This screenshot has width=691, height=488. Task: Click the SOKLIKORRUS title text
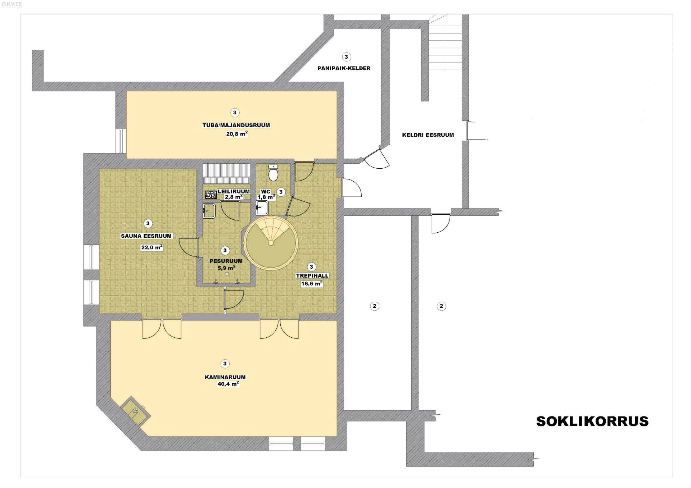click(x=592, y=421)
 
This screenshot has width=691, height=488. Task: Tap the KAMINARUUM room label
click(x=225, y=377)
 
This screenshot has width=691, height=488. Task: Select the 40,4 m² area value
click(x=228, y=384)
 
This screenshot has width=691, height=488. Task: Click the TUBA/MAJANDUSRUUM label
click(x=236, y=125)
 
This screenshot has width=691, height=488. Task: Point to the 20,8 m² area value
click(x=237, y=134)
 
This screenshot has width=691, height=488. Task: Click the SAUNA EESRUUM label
click(x=146, y=236)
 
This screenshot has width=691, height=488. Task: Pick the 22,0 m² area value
click(x=152, y=247)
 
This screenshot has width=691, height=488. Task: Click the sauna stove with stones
click(x=211, y=195)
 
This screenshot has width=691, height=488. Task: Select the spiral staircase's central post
click(x=271, y=243)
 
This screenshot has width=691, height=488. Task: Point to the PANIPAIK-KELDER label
click(x=344, y=68)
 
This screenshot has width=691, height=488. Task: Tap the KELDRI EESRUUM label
click(x=428, y=135)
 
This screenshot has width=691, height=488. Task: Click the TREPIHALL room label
click(x=312, y=276)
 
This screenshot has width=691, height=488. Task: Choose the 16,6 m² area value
click(x=312, y=283)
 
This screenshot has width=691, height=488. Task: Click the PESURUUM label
click(x=226, y=261)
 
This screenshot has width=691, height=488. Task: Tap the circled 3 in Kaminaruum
click(x=225, y=364)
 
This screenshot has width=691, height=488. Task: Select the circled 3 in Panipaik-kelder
click(x=346, y=57)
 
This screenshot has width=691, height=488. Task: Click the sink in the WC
click(x=262, y=207)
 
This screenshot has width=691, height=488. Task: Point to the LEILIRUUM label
click(x=234, y=191)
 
